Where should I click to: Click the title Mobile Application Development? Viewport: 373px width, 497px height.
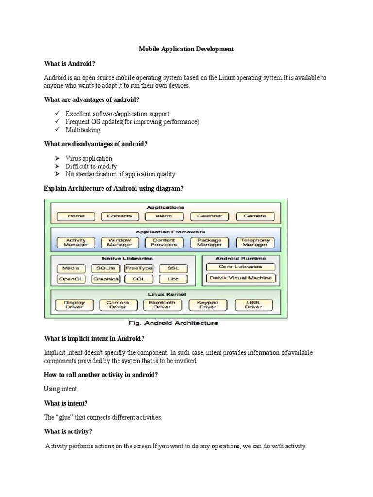(x=186, y=49)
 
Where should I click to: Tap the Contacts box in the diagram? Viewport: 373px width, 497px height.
(x=119, y=216)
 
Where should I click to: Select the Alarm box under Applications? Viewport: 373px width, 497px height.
(x=164, y=216)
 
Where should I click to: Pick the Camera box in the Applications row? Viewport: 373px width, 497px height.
(x=254, y=216)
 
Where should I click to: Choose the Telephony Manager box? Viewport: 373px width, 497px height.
(x=254, y=242)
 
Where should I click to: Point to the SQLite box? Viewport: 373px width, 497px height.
(x=105, y=268)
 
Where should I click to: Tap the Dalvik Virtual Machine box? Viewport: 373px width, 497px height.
(x=241, y=278)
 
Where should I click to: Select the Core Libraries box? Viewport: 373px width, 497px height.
(x=241, y=267)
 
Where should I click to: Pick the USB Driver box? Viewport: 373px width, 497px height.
(x=253, y=305)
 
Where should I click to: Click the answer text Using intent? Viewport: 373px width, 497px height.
(x=61, y=389)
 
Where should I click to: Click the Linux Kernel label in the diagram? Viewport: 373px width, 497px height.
(x=164, y=294)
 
